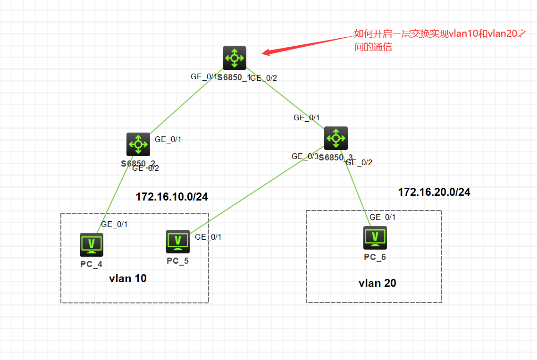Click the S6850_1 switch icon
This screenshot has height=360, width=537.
tap(235, 58)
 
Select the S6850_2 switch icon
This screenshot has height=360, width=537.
tap(138, 144)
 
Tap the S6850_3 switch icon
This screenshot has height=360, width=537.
tap(336, 138)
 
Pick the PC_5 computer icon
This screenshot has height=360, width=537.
tap(178, 241)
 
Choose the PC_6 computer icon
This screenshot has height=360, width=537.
tap(375, 237)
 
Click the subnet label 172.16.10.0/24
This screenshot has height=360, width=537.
tap(172, 197)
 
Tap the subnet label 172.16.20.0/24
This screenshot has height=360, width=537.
tap(434, 192)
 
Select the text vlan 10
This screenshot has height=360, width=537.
tap(128, 278)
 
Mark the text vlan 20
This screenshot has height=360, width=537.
tap(378, 283)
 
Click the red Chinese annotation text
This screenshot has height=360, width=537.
tap(440, 40)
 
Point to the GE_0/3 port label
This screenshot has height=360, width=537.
tap(305, 156)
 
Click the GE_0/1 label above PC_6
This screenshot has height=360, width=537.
tap(383, 217)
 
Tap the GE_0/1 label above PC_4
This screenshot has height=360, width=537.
tap(114, 224)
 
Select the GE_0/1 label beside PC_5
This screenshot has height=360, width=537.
tap(208, 237)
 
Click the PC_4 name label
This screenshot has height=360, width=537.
tap(92, 264)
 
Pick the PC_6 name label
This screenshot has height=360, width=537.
tap(375, 257)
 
